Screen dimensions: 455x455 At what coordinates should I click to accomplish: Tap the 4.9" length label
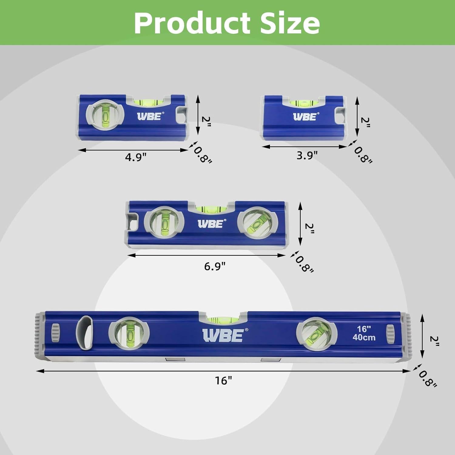pos(136,157)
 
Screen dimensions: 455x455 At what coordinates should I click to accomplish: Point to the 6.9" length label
pos(215,266)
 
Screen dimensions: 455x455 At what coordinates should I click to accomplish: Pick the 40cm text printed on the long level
pos(364,337)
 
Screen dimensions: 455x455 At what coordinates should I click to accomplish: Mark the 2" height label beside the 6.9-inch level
pos(309,228)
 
